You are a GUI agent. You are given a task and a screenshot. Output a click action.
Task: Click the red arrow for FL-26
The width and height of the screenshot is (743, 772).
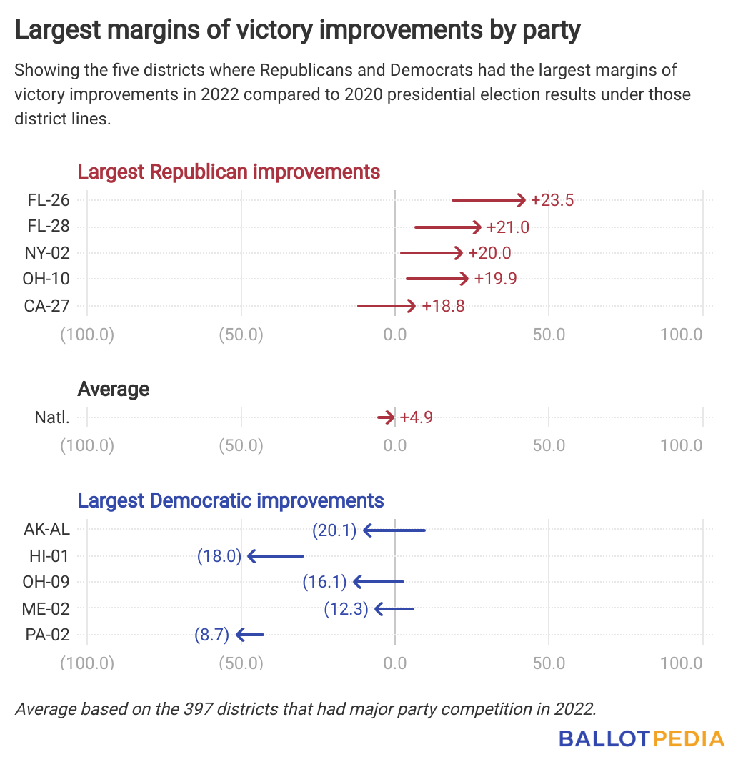489,200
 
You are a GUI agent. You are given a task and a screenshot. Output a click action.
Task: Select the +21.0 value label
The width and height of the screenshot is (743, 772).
507,227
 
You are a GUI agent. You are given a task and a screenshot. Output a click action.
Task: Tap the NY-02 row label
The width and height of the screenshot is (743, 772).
48,253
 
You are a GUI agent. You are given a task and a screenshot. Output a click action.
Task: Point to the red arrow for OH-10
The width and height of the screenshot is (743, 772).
437,279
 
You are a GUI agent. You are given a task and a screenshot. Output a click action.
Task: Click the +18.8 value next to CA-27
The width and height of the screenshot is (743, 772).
443,306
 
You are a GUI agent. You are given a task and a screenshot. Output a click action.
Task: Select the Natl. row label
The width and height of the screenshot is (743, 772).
51,417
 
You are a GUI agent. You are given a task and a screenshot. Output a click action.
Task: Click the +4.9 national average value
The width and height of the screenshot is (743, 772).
416,417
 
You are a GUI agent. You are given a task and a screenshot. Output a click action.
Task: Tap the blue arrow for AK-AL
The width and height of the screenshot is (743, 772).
394,530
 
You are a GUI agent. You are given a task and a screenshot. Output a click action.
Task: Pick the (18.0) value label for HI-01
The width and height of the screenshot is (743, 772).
219,556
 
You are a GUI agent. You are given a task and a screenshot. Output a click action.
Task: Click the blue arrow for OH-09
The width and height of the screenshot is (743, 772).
379,582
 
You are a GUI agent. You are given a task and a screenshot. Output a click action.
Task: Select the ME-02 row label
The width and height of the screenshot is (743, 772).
46,609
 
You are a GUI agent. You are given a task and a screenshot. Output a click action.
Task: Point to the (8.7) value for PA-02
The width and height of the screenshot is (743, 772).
211,635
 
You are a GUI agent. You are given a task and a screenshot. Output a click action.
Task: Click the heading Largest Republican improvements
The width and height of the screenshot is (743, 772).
229,172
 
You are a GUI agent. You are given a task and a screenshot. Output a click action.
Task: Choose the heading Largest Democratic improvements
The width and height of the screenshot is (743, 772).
231,500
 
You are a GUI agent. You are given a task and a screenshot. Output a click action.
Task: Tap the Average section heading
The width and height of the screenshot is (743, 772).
113,389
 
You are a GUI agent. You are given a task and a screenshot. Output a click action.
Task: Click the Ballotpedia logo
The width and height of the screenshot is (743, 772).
642,738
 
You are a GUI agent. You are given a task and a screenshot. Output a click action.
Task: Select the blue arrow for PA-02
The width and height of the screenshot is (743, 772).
250,635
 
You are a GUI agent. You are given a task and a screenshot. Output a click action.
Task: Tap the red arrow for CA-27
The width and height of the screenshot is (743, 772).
387,306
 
